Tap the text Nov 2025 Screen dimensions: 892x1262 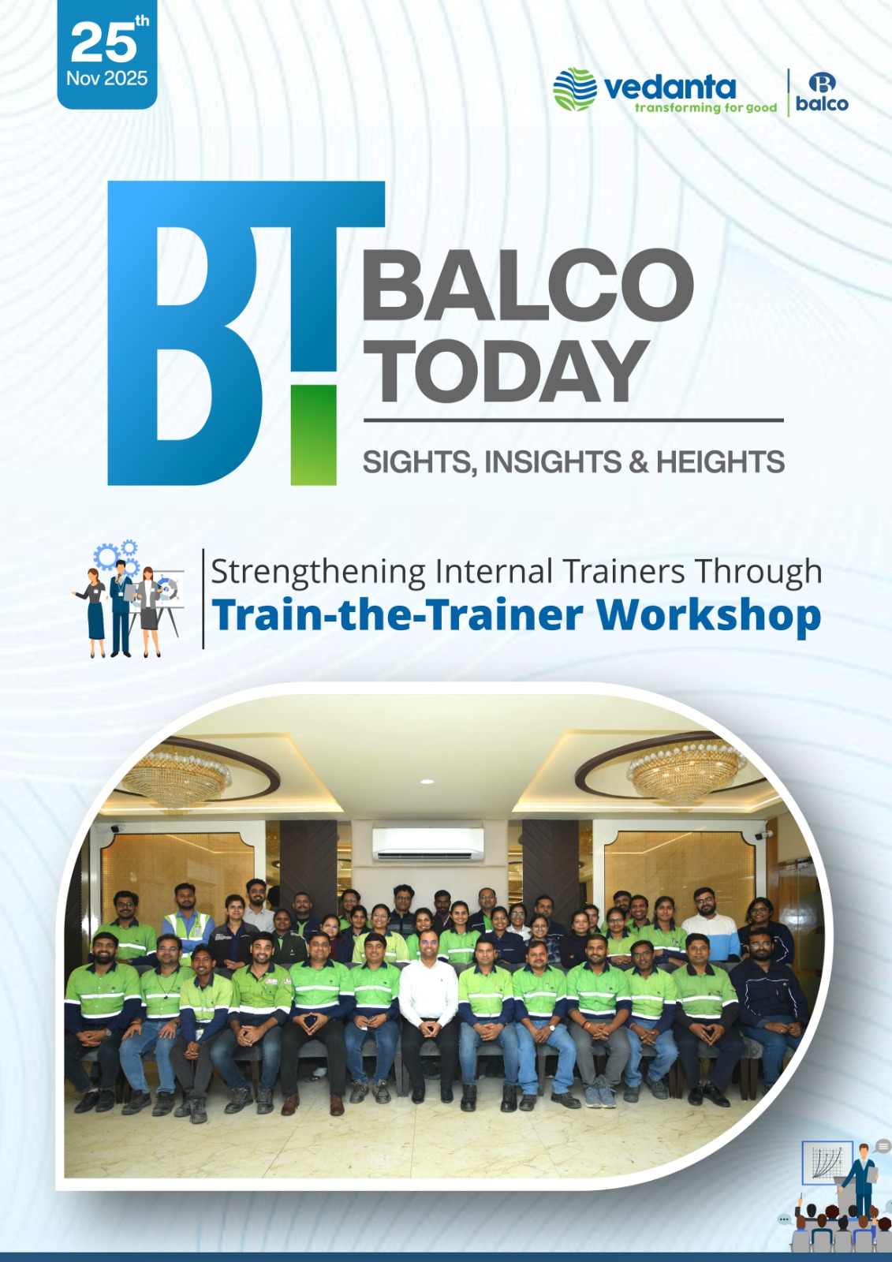click(107, 78)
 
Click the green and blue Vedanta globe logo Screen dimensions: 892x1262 click(575, 89)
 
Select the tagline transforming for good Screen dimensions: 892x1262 click(706, 107)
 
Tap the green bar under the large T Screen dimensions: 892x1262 click(313, 435)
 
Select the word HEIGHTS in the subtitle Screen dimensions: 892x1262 click(720, 461)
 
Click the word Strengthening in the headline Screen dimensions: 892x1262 click(318, 573)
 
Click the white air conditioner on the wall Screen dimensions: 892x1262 click(427, 844)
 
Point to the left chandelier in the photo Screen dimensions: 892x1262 click(176, 776)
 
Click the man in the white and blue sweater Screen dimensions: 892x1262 click(710, 926)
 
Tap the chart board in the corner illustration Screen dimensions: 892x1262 click(827, 1163)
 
